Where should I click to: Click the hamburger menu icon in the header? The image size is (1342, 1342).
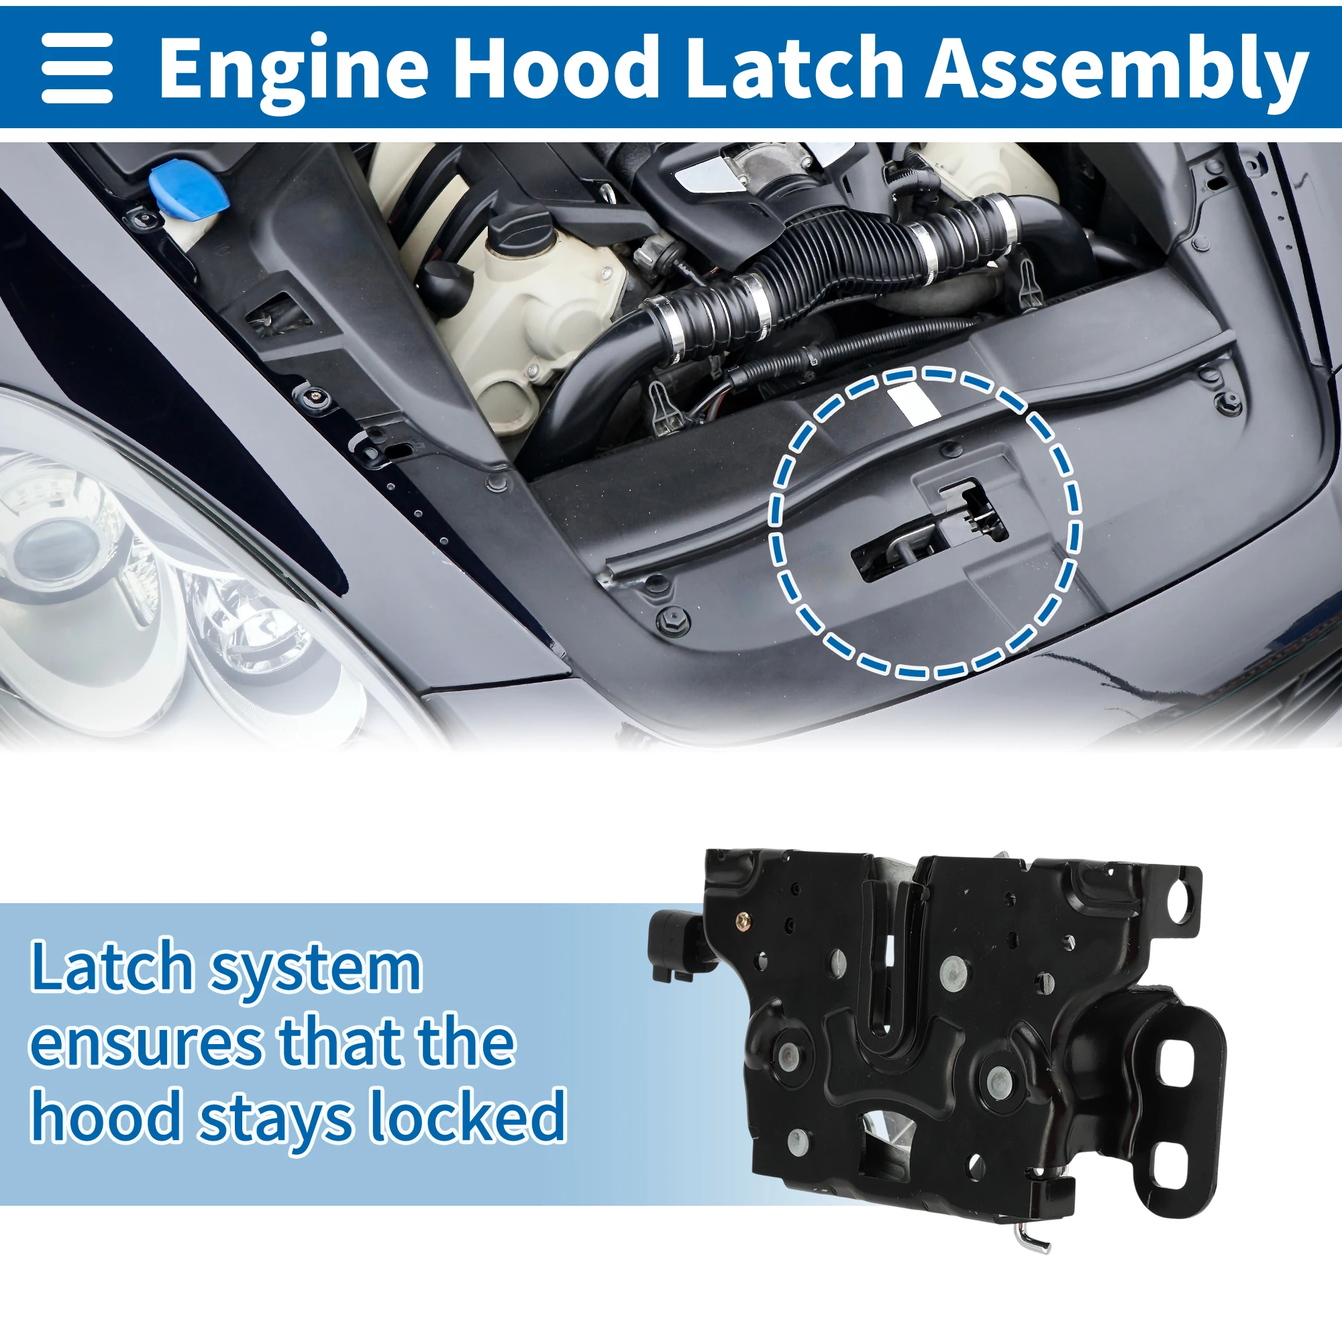[76, 68]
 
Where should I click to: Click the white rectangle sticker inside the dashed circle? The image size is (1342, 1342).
[913, 403]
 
